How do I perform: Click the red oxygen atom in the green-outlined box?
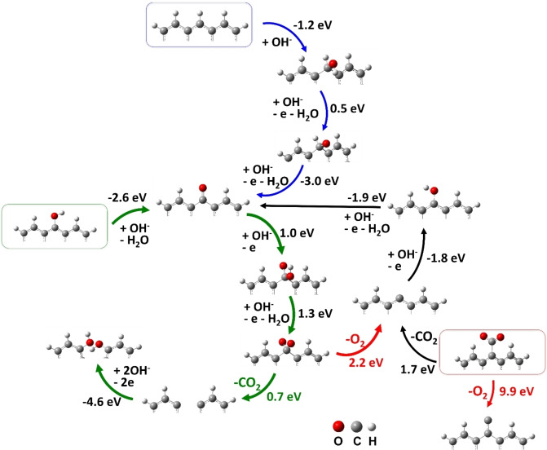tap(55, 215)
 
